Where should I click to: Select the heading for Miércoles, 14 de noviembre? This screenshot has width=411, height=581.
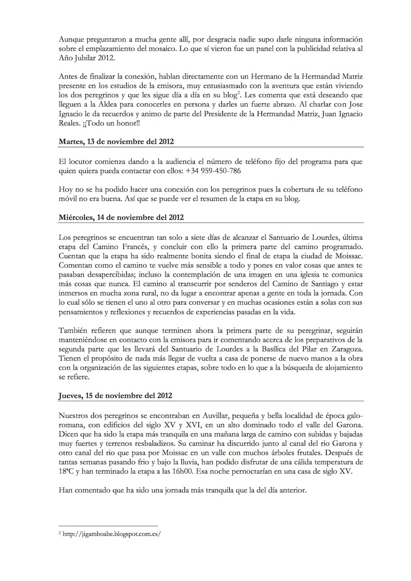click(x=121, y=218)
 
